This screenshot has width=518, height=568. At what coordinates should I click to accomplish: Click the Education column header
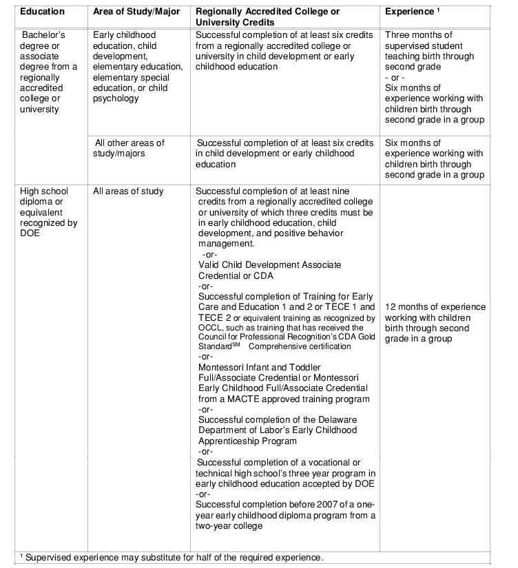click(42, 12)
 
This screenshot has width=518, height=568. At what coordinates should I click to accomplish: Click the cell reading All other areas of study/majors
click(129, 148)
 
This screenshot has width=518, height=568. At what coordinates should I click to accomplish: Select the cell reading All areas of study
click(128, 191)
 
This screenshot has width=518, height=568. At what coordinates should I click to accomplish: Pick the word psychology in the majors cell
click(116, 98)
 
